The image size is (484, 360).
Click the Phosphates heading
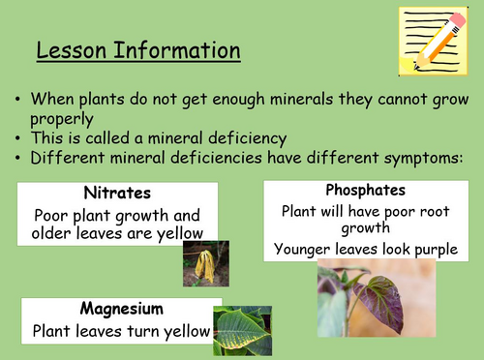(366, 191)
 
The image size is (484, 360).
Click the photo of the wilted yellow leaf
(204, 262)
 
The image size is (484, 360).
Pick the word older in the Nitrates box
(55, 232)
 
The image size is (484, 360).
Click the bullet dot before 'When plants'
(20, 100)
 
